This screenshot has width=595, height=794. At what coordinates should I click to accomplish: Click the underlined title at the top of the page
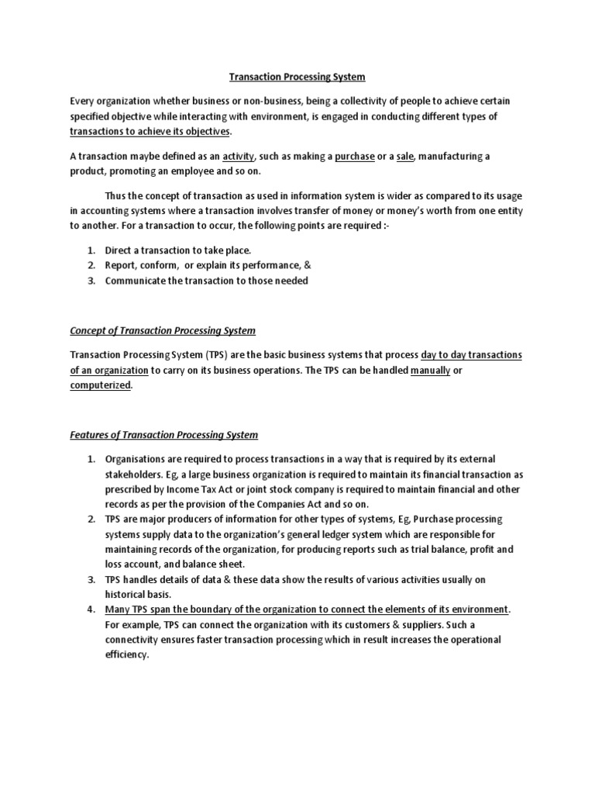(x=297, y=78)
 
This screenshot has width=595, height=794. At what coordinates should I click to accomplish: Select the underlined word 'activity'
(x=239, y=157)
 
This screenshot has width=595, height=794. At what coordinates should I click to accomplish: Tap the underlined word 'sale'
(x=405, y=157)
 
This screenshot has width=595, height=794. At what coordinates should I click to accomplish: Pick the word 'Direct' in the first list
(x=119, y=250)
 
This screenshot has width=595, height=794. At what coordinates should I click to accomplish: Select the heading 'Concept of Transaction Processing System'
(x=163, y=331)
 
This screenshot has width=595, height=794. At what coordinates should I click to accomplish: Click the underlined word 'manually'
(x=430, y=371)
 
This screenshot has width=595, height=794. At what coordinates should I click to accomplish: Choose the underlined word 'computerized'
(x=101, y=385)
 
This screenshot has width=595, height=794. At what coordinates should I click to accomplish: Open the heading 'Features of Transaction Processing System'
(x=164, y=436)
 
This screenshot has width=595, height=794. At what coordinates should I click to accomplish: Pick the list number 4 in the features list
(x=90, y=609)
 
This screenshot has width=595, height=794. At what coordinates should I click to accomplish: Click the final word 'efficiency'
(x=126, y=654)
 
